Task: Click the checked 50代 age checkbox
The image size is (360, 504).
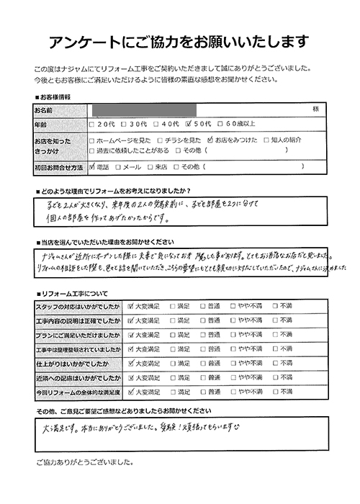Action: (x=189, y=125)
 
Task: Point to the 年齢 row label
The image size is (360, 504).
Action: (x=41, y=125)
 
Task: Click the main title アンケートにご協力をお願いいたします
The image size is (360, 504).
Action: (x=180, y=39)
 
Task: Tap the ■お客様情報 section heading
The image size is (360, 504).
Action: (x=58, y=96)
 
